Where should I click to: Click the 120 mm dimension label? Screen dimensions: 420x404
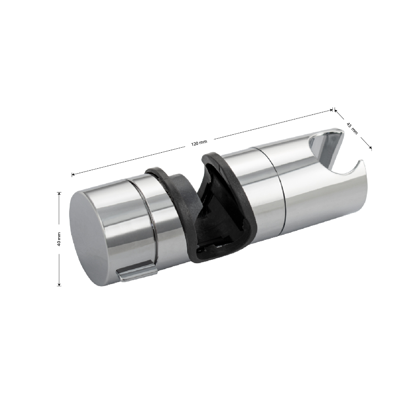click(x=199, y=143)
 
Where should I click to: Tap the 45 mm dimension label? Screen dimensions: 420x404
click(x=352, y=128)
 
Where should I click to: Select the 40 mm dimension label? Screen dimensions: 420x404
click(x=59, y=239)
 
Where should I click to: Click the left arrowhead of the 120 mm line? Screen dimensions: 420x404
click(x=73, y=175)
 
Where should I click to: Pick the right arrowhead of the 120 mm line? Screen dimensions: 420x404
click(x=331, y=110)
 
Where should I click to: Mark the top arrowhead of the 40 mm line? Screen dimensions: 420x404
click(x=59, y=194)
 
